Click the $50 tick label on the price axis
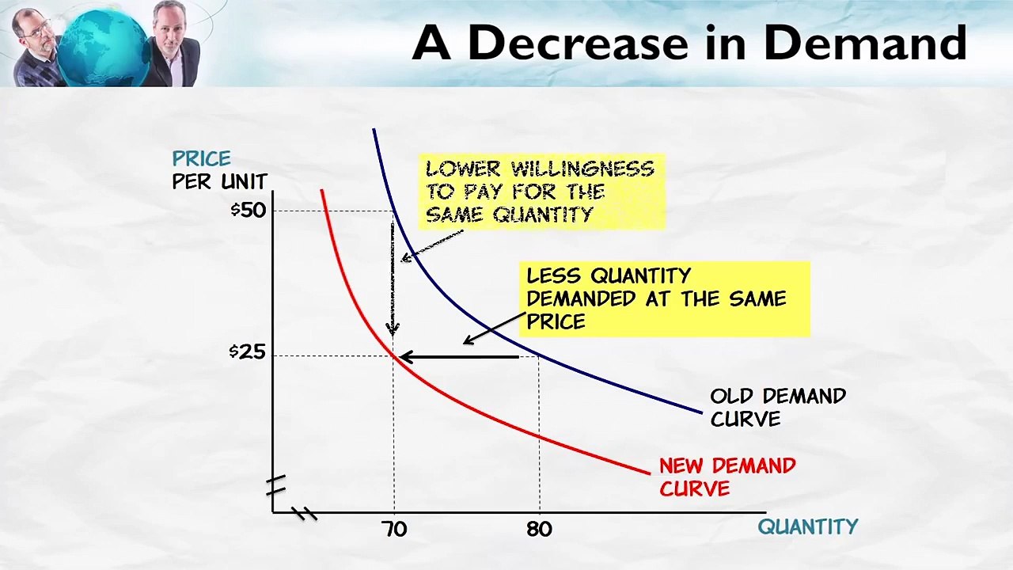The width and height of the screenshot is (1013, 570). (x=249, y=210)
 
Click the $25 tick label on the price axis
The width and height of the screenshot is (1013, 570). (x=248, y=351)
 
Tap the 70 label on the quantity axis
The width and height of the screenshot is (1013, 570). (x=393, y=529)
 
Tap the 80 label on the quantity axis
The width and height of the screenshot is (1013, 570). (x=539, y=529)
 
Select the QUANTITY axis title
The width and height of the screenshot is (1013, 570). (x=807, y=526)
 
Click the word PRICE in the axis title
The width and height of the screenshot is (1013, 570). (x=202, y=158)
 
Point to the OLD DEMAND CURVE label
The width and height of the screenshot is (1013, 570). (x=777, y=407)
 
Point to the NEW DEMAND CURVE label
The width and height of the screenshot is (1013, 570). (x=727, y=477)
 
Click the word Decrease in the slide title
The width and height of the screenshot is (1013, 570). (x=578, y=43)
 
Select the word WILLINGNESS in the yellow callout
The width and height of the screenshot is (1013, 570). (x=582, y=169)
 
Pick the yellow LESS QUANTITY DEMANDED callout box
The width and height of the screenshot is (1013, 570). (x=665, y=299)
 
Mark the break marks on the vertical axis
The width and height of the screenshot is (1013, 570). (x=275, y=484)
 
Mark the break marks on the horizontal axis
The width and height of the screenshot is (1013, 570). (x=304, y=514)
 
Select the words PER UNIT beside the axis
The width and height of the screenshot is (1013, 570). (x=220, y=181)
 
